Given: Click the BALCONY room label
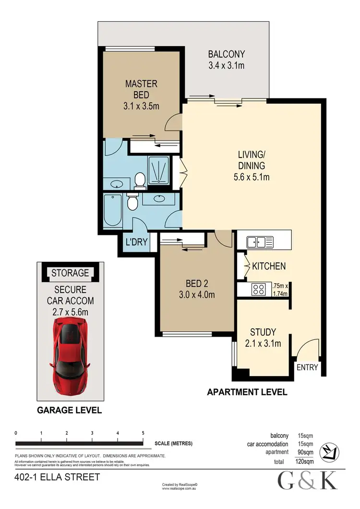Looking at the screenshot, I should tap(226, 54).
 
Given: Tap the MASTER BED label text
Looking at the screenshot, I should tap(141, 89).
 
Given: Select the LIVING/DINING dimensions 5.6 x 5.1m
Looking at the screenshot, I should tap(252, 177).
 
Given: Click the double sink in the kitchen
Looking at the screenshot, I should tap(259, 242).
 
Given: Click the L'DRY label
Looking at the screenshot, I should tap(136, 242).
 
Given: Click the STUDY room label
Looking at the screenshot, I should tap(263, 332).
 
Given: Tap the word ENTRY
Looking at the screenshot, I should tap(307, 367).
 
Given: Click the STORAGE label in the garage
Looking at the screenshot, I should tap(71, 273).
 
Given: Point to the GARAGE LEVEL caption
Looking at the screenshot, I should tap(70, 410).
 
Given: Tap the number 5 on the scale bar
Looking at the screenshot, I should tap(143, 433).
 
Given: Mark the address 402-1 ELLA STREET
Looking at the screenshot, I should tap(58, 477).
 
